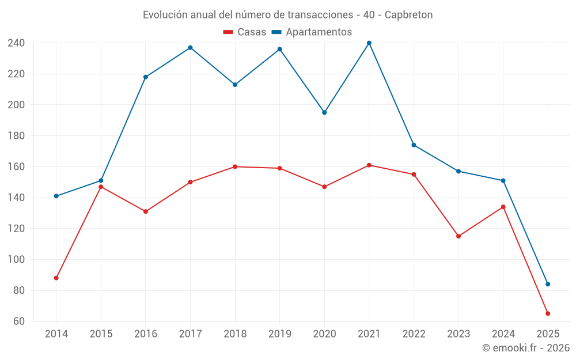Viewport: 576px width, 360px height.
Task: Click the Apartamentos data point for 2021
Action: pyautogui.click(x=369, y=43)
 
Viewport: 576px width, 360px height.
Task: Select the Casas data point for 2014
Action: pyautogui.click(x=56, y=278)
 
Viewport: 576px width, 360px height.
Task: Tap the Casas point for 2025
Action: pyautogui.click(x=548, y=314)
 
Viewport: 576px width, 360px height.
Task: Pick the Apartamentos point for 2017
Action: pyautogui.click(x=190, y=48)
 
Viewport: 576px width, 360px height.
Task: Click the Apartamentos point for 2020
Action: pyautogui.click(x=324, y=113)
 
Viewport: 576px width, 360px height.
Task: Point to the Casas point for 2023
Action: pyautogui.click(x=458, y=236)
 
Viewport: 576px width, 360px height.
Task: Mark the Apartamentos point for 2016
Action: pyautogui.click(x=146, y=77)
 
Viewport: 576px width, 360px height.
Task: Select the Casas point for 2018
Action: pyautogui.click(x=235, y=167)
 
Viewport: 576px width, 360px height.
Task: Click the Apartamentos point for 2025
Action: pyautogui.click(x=548, y=284)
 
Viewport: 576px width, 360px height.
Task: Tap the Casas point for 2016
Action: pyautogui.click(x=146, y=211)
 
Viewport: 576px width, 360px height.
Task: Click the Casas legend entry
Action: pyautogui.click(x=245, y=32)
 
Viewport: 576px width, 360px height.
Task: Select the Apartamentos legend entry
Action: pyautogui.click(x=312, y=32)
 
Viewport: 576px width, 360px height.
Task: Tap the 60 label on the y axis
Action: pyautogui.click(x=19, y=321)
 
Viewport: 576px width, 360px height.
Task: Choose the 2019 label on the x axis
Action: pyautogui.click(x=280, y=334)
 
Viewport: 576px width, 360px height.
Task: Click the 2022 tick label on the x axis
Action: pyautogui.click(x=414, y=334)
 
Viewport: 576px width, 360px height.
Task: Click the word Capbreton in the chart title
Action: pyautogui.click(x=409, y=14)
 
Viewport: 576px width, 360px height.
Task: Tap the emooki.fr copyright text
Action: pyautogui.click(x=526, y=348)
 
